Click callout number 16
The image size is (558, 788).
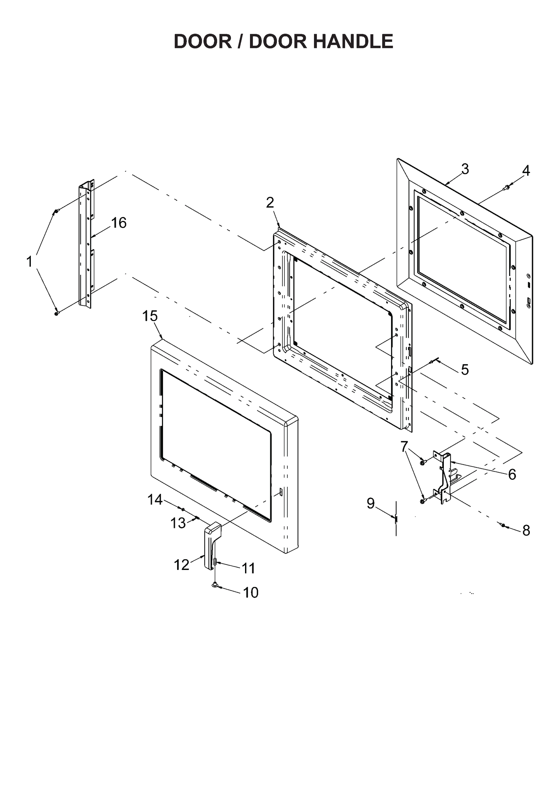click(119, 223)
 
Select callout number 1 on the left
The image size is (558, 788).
click(30, 262)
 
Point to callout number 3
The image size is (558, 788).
click(465, 169)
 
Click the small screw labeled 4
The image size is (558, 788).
click(506, 187)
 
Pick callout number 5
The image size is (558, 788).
click(465, 370)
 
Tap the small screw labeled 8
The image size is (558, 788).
click(503, 525)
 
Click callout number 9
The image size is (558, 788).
click(370, 503)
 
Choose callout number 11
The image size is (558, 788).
click(249, 568)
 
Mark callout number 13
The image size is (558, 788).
click(178, 523)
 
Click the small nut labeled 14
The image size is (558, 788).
click(183, 509)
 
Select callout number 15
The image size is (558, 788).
click(150, 316)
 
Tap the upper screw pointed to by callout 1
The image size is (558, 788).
click(56, 211)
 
